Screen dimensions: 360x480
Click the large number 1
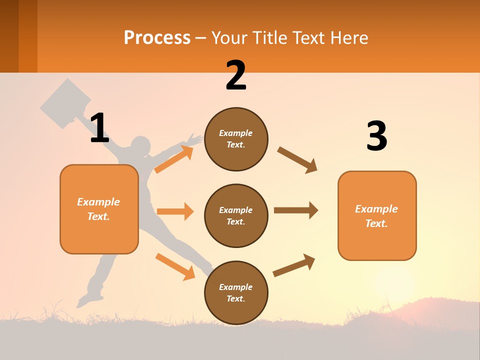click(x=99, y=128)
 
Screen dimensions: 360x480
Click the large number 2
click(x=236, y=76)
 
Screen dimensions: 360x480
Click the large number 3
click(x=376, y=136)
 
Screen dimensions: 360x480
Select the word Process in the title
click(x=157, y=37)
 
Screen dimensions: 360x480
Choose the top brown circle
click(x=236, y=139)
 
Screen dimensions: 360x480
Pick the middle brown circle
click(x=236, y=215)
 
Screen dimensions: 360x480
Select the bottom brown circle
click(x=236, y=292)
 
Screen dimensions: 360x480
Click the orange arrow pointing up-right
click(x=174, y=159)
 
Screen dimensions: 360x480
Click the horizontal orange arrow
click(x=175, y=211)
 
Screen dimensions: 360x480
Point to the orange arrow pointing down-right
click(x=175, y=266)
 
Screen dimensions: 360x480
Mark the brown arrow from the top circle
click(x=297, y=159)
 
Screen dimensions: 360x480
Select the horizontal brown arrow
click(x=296, y=210)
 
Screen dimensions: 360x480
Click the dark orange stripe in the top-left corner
click(x=27, y=35)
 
